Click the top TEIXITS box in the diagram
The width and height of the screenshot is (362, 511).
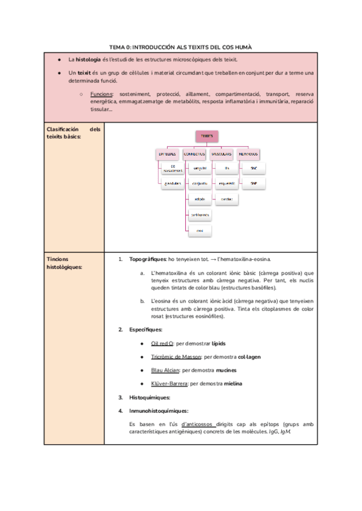206,137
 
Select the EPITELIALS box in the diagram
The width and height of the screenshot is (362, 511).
167,154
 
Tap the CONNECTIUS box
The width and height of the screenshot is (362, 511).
196,154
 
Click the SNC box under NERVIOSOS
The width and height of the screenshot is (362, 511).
253,168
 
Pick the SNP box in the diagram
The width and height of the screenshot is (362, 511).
253,183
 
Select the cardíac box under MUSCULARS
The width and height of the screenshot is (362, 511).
227,198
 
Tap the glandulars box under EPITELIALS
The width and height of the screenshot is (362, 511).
173,184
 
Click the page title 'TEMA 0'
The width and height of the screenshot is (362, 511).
180,46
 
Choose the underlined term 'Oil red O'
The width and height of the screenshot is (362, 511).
162,343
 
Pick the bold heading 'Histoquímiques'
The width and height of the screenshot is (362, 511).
150,398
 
